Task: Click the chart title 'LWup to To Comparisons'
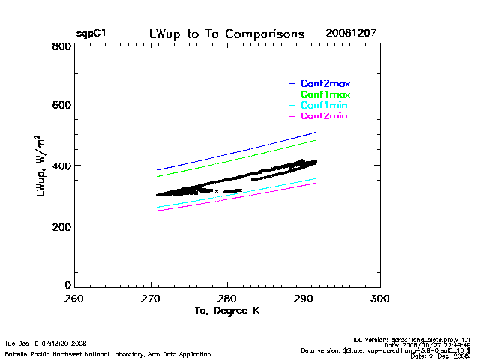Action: [226, 34]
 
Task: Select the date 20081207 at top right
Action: [351, 34]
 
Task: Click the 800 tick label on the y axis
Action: [62, 46]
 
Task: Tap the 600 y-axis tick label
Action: [62, 106]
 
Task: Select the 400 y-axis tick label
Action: [62, 166]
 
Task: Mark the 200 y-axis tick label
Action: [62, 226]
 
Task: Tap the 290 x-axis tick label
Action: [304, 298]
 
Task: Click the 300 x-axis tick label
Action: [380, 298]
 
